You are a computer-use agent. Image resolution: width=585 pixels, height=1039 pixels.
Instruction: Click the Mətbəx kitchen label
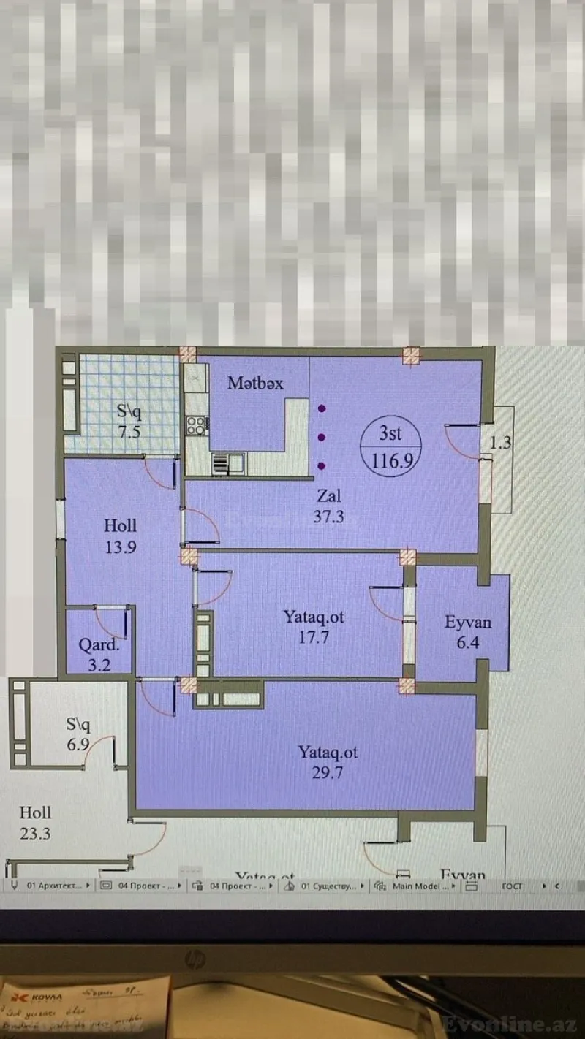point(255,383)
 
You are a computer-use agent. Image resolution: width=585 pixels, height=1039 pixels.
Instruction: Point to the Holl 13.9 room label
point(120,536)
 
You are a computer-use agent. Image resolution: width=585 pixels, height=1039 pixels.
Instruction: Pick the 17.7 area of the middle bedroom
point(314,637)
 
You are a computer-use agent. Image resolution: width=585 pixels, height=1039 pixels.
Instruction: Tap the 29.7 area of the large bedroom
point(328,772)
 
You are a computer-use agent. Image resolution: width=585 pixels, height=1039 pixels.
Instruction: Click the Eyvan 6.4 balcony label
point(468,633)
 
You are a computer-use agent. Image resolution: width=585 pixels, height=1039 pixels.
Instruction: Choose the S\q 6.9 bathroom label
point(78,734)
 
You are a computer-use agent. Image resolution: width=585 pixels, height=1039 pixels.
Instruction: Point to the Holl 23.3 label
point(35,822)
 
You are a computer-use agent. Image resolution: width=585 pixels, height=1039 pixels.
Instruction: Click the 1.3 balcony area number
point(500,443)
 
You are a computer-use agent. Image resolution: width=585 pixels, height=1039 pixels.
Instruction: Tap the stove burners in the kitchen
point(196,425)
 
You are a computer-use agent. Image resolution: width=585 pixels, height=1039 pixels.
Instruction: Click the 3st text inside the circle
point(390,433)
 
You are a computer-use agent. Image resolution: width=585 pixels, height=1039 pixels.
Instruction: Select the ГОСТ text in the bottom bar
point(512,886)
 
